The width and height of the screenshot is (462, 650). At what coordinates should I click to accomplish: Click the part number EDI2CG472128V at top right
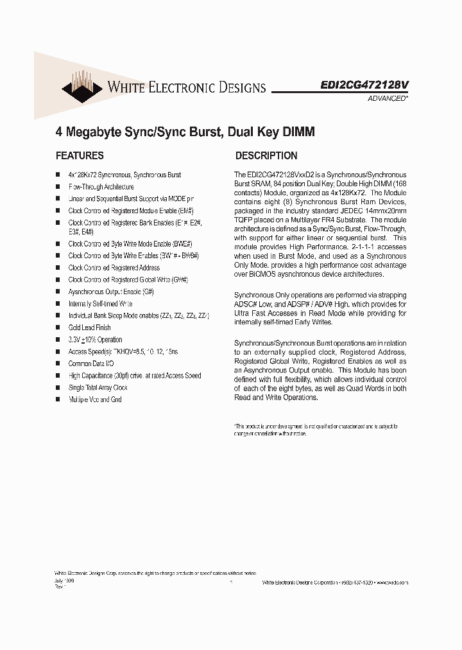click(364, 85)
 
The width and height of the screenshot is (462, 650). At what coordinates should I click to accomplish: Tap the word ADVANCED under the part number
click(387, 98)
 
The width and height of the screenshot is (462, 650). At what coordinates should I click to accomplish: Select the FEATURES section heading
click(80, 155)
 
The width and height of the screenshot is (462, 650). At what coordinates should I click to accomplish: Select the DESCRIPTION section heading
click(266, 155)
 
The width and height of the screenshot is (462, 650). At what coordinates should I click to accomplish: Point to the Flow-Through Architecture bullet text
click(101, 187)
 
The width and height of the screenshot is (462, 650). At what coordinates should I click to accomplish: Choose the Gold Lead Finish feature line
click(89, 328)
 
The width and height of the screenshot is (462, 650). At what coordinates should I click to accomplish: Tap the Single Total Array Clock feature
click(98, 387)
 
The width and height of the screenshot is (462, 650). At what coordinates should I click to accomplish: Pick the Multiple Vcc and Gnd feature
click(94, 400)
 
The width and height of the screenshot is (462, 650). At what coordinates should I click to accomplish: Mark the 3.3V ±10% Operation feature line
click(95, 340)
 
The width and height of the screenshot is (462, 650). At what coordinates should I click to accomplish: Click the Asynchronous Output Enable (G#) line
click(112, 292)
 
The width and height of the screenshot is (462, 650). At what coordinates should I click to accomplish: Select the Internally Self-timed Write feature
click(100, 303)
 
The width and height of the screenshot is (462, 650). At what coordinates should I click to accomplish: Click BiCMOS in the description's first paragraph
click(261, 274)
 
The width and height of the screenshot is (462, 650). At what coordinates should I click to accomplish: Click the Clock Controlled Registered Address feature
click(114, 268)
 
